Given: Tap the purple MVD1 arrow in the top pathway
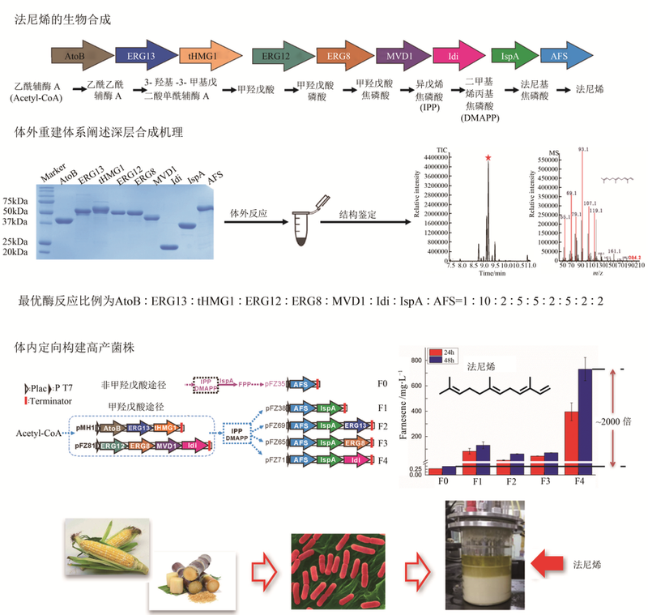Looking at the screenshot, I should pyautogui.click(x=399, y=55).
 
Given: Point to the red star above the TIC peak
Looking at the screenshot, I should pyautogui.click(x=488, y=159).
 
